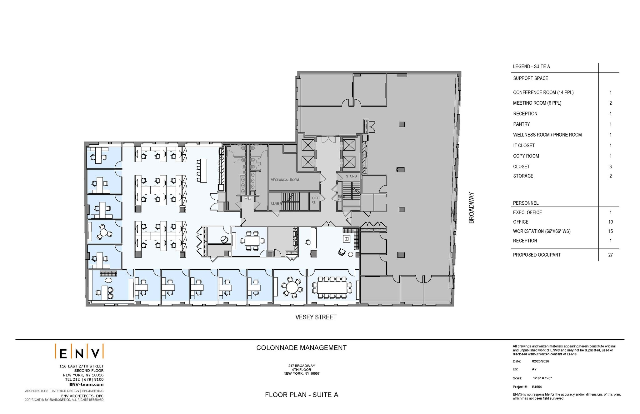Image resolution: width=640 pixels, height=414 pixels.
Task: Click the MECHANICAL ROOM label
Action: point(285,180)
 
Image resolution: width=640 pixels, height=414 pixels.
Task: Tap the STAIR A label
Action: point(351,176)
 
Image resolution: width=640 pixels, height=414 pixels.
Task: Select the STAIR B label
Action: point(276,204)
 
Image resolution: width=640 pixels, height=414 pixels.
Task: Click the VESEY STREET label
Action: point(316,317)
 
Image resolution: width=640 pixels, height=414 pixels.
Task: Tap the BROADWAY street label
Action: point(471,208)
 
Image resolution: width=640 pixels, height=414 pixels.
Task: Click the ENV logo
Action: point(79,352)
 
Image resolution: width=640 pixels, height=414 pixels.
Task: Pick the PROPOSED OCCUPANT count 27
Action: point(610,255)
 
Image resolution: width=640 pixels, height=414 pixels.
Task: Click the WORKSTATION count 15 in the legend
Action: point(610,232)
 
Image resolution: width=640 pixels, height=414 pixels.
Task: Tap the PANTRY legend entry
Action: point(521,124)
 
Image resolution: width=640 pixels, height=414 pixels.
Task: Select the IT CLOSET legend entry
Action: point(524,146)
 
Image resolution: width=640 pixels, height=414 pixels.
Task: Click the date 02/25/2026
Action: point(540,361)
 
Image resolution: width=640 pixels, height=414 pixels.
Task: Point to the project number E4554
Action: point(537,387)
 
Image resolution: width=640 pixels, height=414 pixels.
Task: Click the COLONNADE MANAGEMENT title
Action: point(301,348)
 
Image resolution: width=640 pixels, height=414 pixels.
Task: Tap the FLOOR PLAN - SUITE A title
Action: point(301,395)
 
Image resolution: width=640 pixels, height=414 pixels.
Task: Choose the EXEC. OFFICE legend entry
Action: point(527,212)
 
